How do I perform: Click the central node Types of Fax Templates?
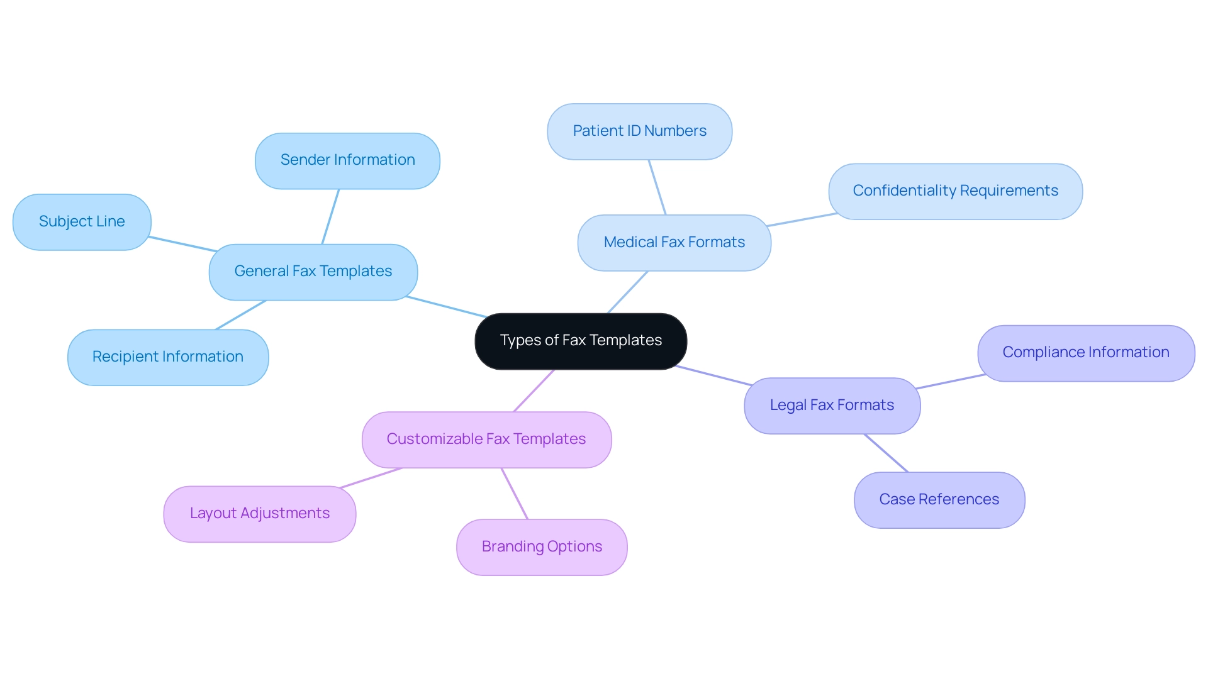point(580,341)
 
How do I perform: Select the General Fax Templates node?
point(313,272)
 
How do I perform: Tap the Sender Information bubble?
point(347,160)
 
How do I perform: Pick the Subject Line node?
point(82,222)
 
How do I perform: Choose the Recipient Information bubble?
point(168,357)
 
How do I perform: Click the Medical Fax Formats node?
point(674,243)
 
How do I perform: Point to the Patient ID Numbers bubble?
point(639,131)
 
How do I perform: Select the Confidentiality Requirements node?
point(955,191)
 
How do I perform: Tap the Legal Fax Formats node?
point(832,406)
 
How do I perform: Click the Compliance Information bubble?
point(1085,353)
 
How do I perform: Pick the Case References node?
point(939,500)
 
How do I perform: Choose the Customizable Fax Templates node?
point(486,440)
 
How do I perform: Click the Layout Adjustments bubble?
point(259,514)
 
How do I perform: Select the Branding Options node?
point(542,547)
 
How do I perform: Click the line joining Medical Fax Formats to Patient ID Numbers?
point(657,187)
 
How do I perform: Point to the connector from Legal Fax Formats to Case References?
point(886,453)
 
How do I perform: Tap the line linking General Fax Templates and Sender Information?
point(330,216)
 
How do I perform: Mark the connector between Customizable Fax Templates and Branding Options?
point(515,494)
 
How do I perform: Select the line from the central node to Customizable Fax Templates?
point(534,390)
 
